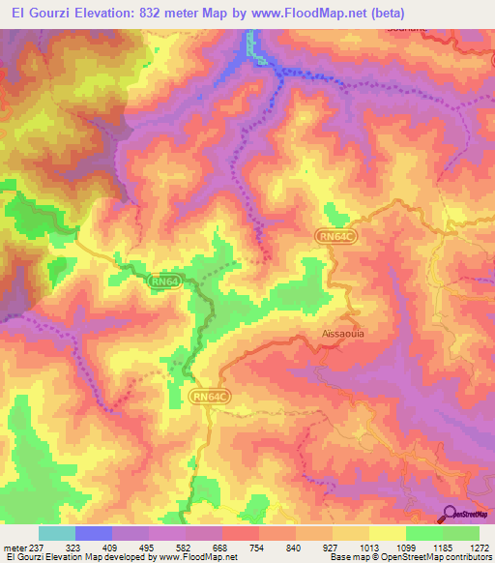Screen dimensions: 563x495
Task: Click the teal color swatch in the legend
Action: [57, 533]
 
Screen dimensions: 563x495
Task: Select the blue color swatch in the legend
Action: [94, 533]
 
